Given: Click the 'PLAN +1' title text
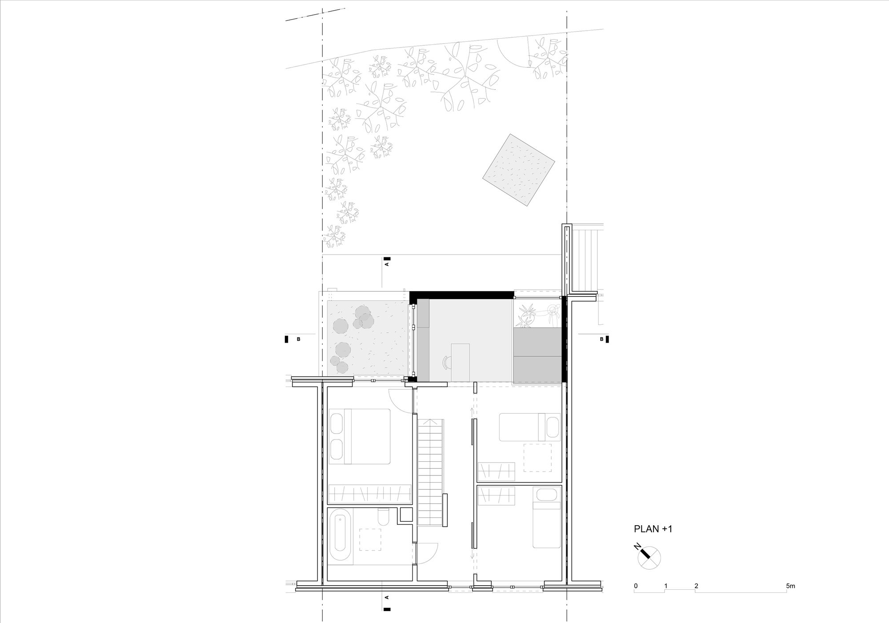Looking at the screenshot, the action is coord(653,529).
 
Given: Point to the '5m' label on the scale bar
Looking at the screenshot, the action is coord(790,586).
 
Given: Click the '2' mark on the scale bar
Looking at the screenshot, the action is coord(696,586).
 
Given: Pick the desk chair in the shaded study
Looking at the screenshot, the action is coord(446,363).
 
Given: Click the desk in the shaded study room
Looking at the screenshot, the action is coord(460,362).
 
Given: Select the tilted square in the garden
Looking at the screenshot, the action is coord(519,169).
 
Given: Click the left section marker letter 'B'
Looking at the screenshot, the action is coord(298,339).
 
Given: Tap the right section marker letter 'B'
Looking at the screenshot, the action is coord(601,339).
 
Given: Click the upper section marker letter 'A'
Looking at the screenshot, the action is coord(386,264).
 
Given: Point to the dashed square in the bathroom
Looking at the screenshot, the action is coord(370,539).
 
